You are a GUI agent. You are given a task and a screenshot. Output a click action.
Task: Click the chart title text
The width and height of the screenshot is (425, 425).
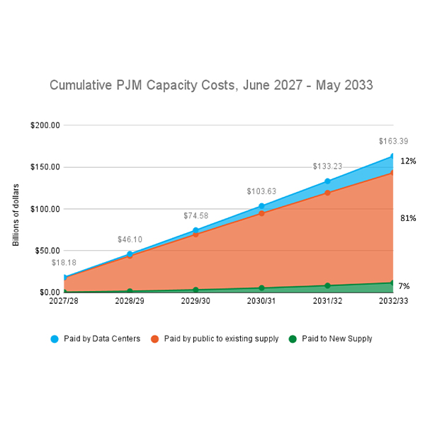[x=211, y=85]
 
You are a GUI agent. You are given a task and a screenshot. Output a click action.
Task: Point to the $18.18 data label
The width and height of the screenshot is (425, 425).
[x=64, y=263]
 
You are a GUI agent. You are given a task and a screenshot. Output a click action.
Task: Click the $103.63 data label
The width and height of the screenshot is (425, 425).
[x=261, y=191]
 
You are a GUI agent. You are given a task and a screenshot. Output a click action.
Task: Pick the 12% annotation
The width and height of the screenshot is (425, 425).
[x=408, y=161]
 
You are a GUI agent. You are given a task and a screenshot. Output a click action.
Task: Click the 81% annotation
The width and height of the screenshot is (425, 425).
[x=408, y=218]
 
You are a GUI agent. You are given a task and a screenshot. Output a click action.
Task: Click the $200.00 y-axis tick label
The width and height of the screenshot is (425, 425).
[x=45, y=125]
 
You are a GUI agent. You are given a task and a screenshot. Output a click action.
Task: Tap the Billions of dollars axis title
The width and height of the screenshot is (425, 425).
[x=16, y=215]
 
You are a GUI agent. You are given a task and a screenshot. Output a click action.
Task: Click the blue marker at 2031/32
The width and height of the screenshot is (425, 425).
[x=327, y=181]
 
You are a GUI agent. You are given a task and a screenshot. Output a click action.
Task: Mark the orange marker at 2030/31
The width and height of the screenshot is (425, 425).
[x=261, y=213]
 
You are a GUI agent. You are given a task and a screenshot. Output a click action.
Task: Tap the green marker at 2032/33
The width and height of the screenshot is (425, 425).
[x=392, y=283]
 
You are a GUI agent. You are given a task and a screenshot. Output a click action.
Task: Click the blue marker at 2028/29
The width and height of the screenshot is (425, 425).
[x=130, y=254]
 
